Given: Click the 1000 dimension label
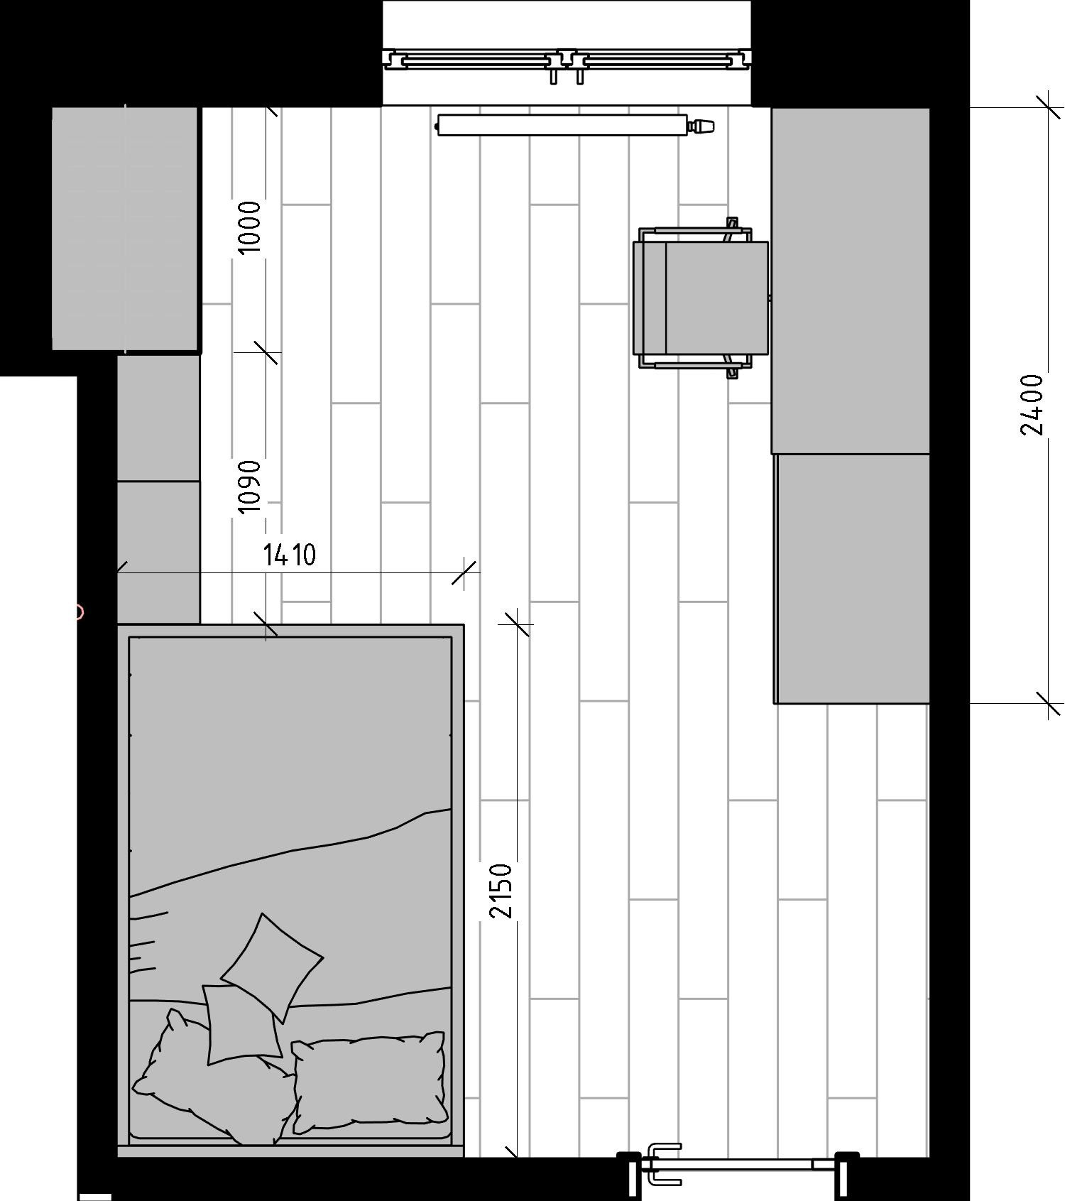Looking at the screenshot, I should (x=249, y=227).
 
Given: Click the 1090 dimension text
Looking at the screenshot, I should (x=249, y=487).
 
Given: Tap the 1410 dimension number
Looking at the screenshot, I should (x=290, y=555).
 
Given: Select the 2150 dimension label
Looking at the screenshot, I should (x=501, y=891).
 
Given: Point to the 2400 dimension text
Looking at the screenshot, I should (x=1032, y=405).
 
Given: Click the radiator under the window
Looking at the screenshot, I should (x=562, y=126).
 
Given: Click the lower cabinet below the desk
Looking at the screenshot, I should (x=852, y=579).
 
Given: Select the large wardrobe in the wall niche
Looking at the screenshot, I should (x=126, y=228).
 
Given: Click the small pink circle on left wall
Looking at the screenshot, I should (x=79, y=612).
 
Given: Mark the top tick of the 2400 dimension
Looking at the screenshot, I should (x=1049, y=107).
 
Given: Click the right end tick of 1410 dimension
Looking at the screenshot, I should (x=464, y=572).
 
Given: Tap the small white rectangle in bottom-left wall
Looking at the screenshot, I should (x=95, y=1197).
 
